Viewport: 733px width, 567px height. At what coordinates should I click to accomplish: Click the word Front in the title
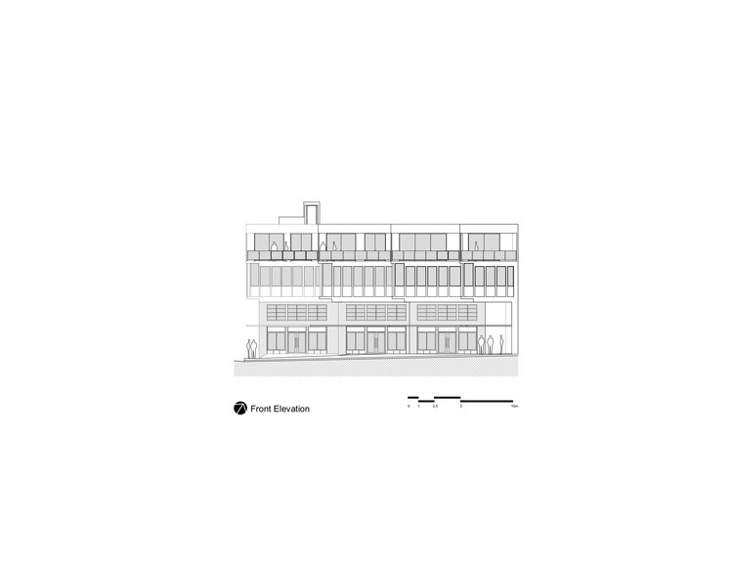[x=261, y=409]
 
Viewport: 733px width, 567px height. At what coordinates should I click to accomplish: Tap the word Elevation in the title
[x=291, y=409]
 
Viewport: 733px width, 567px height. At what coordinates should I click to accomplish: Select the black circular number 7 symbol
[x=239, y=409]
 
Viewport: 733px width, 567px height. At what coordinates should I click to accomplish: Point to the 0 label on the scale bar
[x=409, y=405]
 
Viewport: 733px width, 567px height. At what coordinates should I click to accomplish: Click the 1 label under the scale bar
[x=418, y=405]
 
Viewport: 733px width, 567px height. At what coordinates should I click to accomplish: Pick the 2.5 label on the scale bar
[x=435, y=405]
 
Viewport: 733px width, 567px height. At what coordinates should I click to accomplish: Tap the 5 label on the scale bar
[x=460, y=405]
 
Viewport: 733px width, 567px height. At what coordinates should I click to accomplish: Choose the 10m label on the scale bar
[x=513, y=405]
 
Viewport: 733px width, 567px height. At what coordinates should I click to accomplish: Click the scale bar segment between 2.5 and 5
[x=447, y=397]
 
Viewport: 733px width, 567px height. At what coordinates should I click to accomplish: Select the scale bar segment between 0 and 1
[x=413, y=397]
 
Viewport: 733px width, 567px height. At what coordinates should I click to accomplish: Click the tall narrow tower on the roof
[x=313, y=212]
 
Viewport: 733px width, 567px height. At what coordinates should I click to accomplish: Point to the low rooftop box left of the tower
[x=292, y=218]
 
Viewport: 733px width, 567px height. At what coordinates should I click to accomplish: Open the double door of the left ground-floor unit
[x=297, y=341]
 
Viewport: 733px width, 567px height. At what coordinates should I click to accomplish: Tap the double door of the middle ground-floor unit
[x=371, y=341]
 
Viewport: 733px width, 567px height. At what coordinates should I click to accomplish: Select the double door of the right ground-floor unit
[x=446, y=341]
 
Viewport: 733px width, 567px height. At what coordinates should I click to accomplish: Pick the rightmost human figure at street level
[x=502, y=343]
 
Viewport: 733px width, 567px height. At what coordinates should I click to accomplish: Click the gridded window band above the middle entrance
[x=375, y=313]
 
